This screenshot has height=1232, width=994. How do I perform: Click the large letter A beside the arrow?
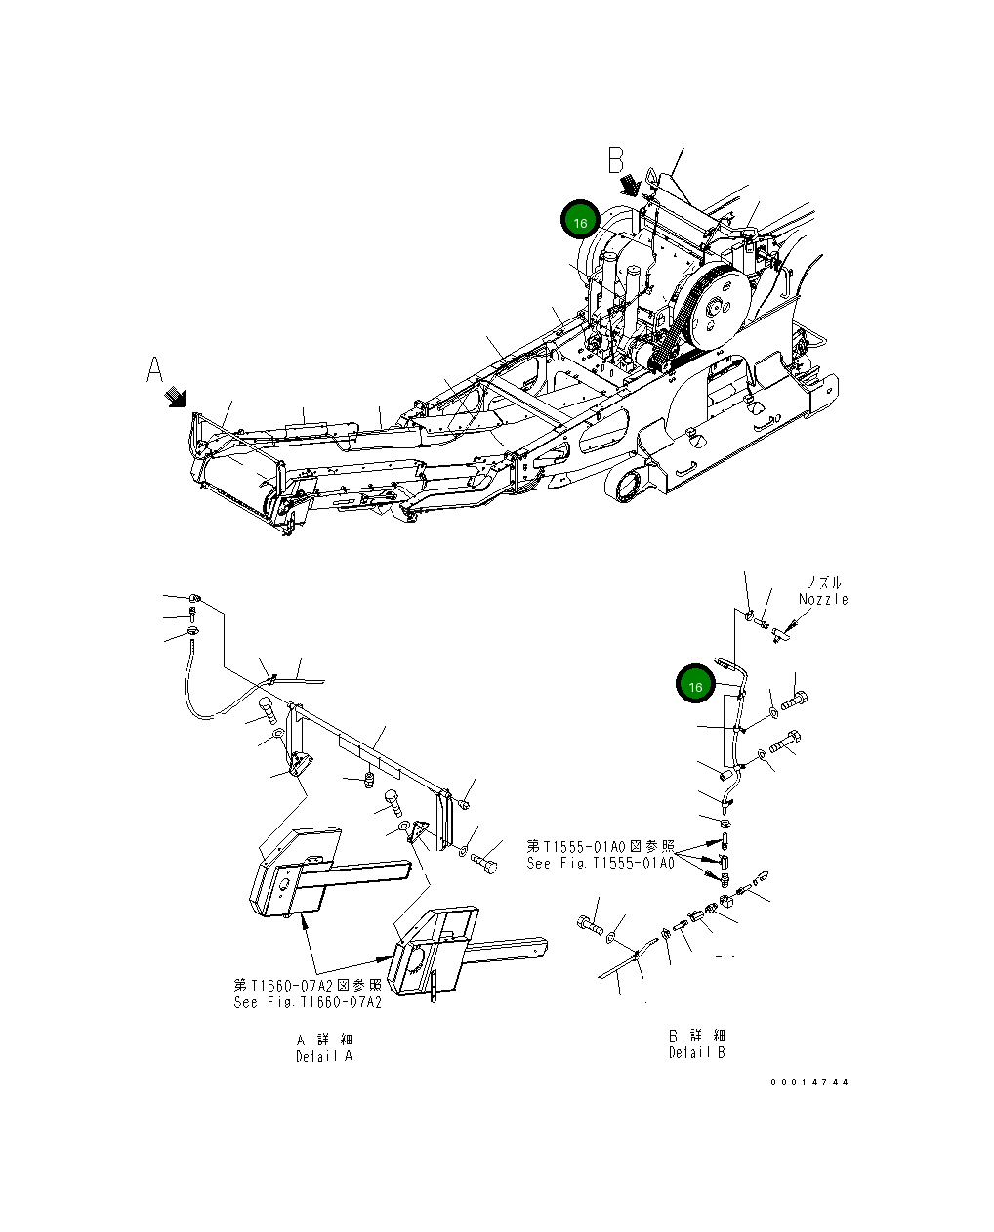click(x=154, y=370)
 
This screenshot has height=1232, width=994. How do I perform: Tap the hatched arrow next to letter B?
click(x=630, y=183)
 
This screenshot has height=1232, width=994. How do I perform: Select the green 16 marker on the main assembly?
click(x=579, y=222)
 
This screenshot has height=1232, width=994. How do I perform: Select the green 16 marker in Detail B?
click(x=695, y=686)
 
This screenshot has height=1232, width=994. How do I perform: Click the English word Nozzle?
click(x=823, y=599)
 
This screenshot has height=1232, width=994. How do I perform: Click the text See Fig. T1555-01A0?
click(x=600, y=864)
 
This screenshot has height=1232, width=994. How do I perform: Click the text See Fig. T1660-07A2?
click(x=308, y=1002)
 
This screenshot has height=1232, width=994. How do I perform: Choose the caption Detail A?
click(x=324, y=1056)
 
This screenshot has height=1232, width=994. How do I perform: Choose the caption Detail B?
click(x=696, y=1052)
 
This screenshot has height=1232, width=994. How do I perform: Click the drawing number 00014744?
click(x=808, y=1083)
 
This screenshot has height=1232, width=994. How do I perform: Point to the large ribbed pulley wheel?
click(x=716, y=307)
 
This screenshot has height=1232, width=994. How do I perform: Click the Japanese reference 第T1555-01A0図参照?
click(x=600, y=846)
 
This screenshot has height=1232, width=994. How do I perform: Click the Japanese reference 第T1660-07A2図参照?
click(x=308, y=985)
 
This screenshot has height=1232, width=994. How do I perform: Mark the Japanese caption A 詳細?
click(x=324, y=1039)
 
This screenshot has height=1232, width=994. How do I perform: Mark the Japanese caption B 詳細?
click(x=696, y=1035)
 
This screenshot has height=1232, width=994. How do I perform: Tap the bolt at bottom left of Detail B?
click(x=589, y=923)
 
